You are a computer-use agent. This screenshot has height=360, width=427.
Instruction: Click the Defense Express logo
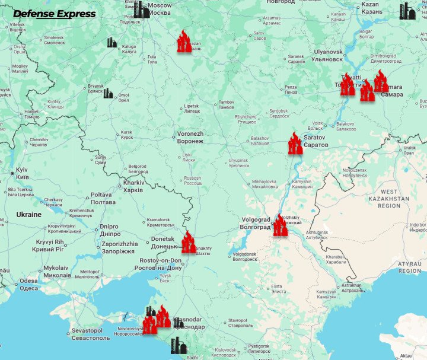pyautogui.click(x=54, y=14)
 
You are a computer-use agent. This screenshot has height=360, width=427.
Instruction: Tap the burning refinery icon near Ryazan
pyautogui.click(x=184, y=42)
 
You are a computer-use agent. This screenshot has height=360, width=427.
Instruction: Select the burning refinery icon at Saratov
pyautogui.click(x=295, y=144)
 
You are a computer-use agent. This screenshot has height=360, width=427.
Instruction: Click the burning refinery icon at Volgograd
pyautogui.click(x=280, y=225)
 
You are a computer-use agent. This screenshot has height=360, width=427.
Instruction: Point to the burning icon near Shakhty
pyautogui.click(x=188, y=243)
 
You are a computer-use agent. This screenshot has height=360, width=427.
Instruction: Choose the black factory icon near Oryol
pyautogui.click(x=108, y=93)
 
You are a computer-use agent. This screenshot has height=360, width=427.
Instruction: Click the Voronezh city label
pyautogui.click(x=190, y=138)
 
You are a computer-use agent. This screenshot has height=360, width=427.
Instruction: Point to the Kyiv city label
pyautogui.click(x=22, y=173)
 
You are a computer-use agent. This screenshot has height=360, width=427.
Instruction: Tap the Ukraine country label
pyautogui.click(x=28, y=215)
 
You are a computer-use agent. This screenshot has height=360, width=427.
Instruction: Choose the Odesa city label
pyautogui.click(x=28, y=285)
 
